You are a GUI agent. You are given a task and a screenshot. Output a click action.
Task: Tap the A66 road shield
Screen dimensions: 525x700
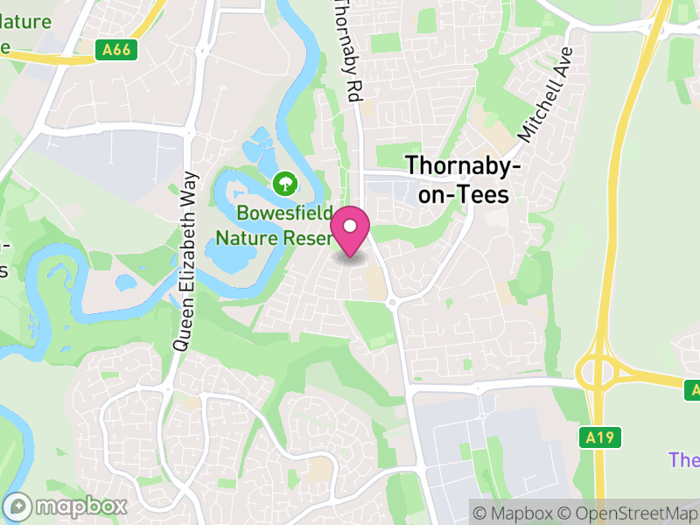(x=115, y=50)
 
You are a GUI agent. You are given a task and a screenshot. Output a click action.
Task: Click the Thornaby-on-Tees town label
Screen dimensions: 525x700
(x=463, y=179)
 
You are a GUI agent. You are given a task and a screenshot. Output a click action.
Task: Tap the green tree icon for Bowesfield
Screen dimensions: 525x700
(x=283, y=184)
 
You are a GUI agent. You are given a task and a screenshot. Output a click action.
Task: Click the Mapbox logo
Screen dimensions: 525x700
(x=66, y=506)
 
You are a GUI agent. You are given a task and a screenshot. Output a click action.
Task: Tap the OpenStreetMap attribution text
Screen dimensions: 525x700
(x=626, y=512)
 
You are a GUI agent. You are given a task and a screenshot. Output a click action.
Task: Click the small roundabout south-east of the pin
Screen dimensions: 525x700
(x=393, y=303)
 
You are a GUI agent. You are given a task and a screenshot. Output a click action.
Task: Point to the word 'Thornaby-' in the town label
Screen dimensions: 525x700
(x=463, y=165)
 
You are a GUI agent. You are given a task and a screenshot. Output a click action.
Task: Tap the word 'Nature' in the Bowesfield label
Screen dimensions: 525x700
(x=245, y=237)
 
